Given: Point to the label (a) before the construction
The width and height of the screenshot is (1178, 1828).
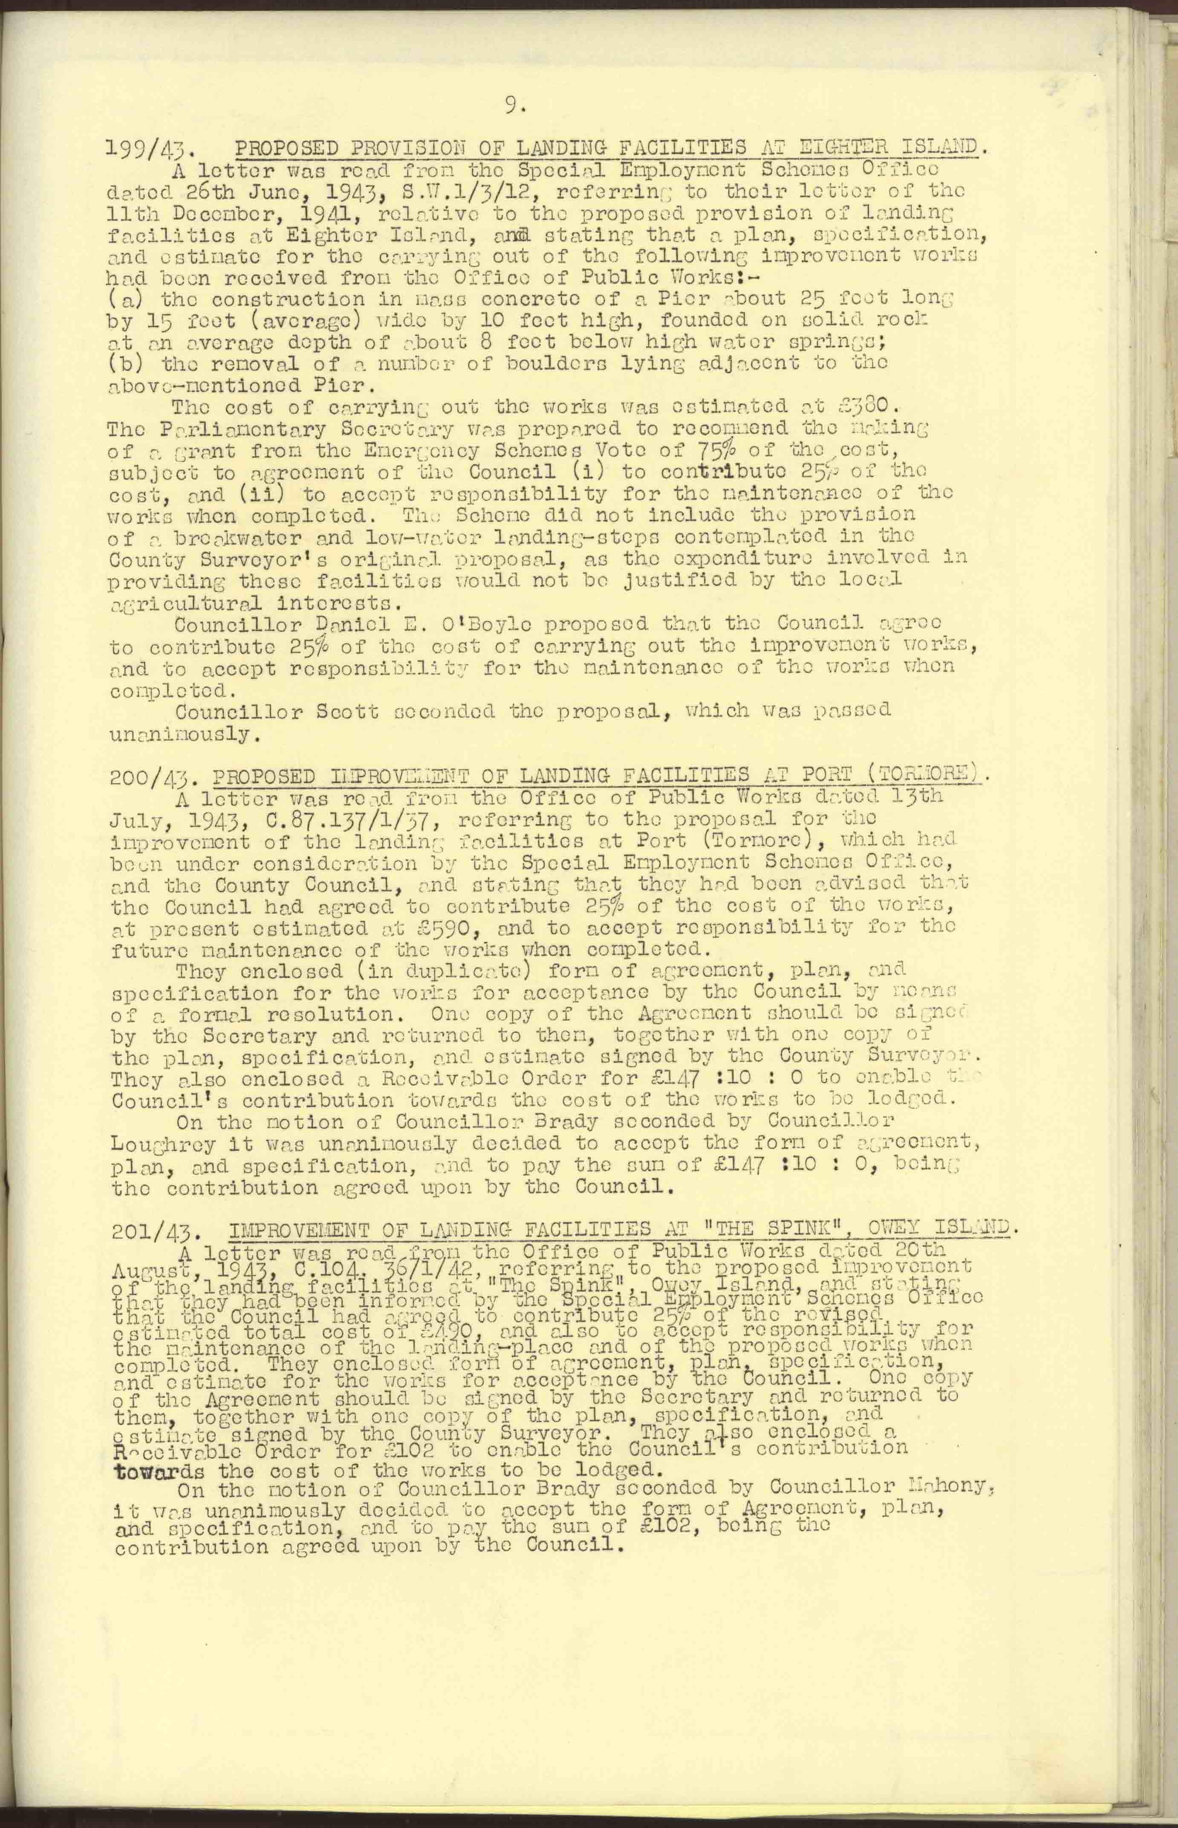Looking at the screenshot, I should pyautogui.click(x=125, y=300).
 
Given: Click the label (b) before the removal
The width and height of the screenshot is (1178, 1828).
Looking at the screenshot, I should pyautogui.click(x=125, y=363).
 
